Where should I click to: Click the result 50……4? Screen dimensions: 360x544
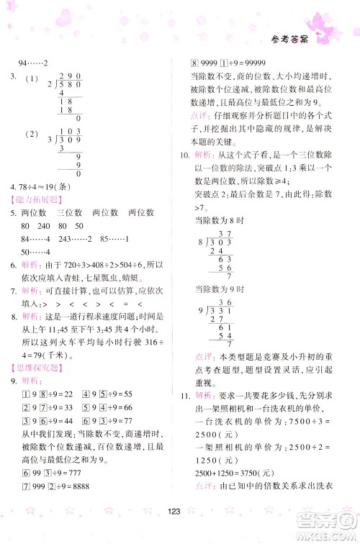pos(35,251)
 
